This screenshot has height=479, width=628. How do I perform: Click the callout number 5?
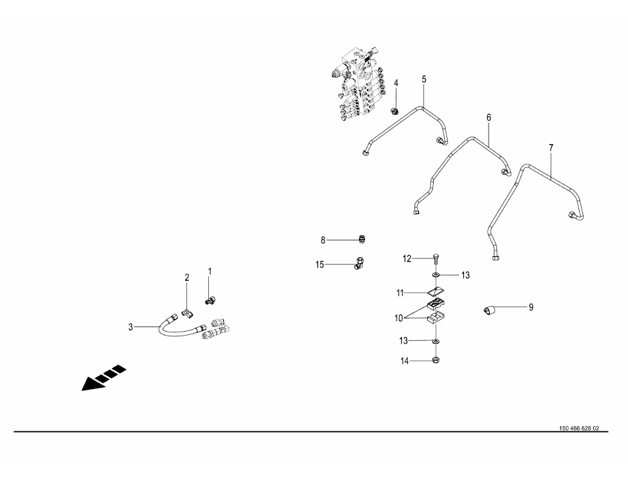coord(424,79)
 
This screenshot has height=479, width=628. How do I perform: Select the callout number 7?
coord(551,147)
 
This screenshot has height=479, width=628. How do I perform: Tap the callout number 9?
coord(531,307)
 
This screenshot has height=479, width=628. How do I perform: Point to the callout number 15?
coord(319,264)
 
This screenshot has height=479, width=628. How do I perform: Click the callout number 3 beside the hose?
coord(130,327)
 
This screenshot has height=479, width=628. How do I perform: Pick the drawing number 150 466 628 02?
coord(579,428)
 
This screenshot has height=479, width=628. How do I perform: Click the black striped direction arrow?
coord(104,377)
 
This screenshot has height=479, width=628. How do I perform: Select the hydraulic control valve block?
coord(358,85)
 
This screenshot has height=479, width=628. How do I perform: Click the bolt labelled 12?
coord(436,258)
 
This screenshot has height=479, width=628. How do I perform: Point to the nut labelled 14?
coord(436,360)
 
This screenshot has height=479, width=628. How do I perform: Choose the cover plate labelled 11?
coord(436,292)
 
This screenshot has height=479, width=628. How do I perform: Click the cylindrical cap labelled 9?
coord(489,310)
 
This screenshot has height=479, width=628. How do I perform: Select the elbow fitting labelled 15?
coord(360,264)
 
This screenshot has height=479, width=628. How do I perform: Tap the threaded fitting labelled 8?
coord(362,240)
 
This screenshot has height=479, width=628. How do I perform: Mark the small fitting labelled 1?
coord(210,299)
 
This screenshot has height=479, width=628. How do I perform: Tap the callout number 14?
coord(405,361)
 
